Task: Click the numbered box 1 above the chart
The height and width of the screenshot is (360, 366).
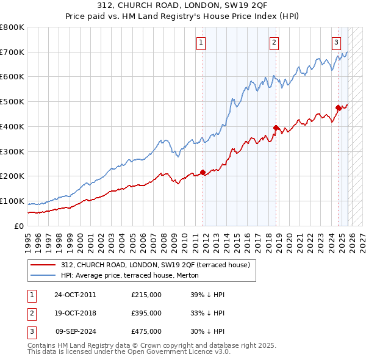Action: coord(201,42)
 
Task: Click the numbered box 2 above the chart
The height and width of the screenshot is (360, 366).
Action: coord(274,42)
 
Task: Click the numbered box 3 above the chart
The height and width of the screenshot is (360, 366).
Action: coord(336,42)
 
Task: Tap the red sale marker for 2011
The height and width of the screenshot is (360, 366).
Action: coord(203,172)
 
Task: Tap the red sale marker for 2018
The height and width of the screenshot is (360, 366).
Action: coord(276,128)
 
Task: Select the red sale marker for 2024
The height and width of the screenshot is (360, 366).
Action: coord(338,108)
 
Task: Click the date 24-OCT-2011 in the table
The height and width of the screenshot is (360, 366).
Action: coord(75,295)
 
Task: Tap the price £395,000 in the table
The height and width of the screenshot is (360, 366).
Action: coord(146,313)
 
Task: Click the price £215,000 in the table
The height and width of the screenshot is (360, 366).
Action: coord(146,295)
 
